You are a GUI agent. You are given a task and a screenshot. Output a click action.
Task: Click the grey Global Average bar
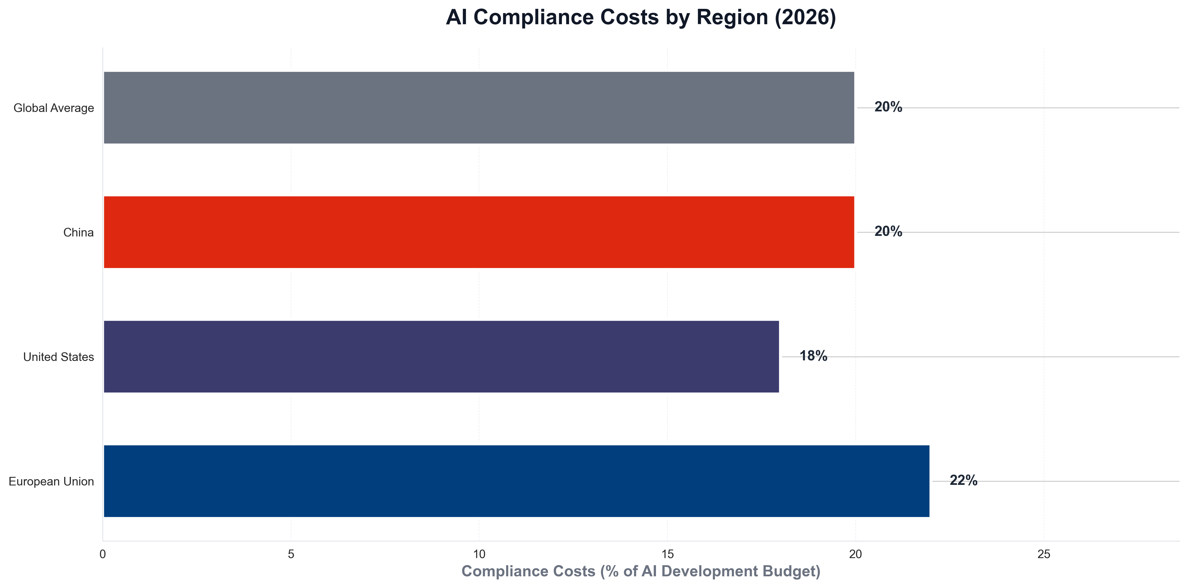click(x=479, y=107)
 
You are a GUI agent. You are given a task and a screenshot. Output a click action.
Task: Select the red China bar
click(x=479, y=232)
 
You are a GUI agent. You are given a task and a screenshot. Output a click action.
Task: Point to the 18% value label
click(x=813, y=356)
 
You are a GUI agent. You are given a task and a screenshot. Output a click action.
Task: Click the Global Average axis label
click(x=54, y=108)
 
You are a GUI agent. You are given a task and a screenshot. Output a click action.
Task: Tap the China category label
click(x=78, y=232)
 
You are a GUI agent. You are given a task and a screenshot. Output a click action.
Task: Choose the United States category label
click(x=59, y=357)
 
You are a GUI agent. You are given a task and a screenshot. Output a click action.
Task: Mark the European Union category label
click(x=51, y=481)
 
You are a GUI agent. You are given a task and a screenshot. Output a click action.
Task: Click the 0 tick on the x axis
click(x=103, y=554)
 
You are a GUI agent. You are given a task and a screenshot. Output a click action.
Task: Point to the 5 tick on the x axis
click(x=291, y=554)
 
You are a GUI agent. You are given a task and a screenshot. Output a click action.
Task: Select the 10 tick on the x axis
click(x=479, y=554)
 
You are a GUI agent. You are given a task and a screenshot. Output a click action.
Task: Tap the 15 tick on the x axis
click(x=667, y=554)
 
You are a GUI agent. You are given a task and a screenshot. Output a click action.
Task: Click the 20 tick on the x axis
click(x=855, y=554)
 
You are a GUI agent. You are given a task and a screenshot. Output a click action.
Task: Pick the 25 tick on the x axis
click(x=1044, y=554)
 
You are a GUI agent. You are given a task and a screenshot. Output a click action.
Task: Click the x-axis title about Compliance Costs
click(x=641, y=571)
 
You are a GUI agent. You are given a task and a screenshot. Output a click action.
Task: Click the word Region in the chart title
click(x=733, y=18)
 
